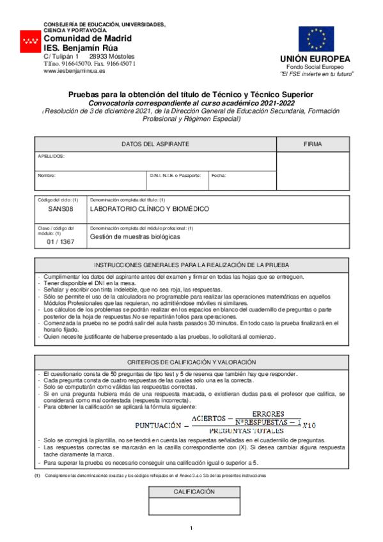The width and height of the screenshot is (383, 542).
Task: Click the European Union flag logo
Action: [x=316, y=39]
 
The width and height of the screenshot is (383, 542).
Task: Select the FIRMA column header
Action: [x=313, y=144]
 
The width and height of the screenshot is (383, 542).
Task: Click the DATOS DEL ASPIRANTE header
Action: [x=155, y=144]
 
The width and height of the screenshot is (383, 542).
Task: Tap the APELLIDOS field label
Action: [x=51, y=156]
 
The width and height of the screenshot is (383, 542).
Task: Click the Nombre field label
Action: [x=47, y=174]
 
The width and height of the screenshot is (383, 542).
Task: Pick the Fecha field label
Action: [x=218, y=174]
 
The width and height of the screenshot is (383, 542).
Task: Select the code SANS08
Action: [x=60, y=209]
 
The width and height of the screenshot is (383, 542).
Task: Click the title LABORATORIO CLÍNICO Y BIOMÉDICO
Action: [x=149, y=209]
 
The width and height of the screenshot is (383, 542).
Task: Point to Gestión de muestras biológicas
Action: [x=134, y=236]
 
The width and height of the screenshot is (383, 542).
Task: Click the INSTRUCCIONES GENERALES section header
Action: [x=192, y=265]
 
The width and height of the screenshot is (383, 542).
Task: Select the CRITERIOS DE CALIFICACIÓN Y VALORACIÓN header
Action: [x=192, y=362]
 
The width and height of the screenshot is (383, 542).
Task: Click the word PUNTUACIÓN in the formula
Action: [x=160, y=424]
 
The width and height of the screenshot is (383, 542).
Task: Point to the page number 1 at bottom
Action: [x=191, y=527]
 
